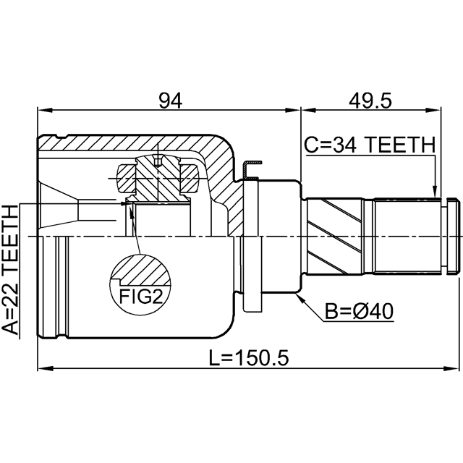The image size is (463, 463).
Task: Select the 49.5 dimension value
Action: pyautogui.click(x=370, y=101)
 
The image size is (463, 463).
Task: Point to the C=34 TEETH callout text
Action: pyautogui.click(x=369, y=145)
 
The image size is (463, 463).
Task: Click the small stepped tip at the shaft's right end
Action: pyautogui.click(x=454, y=237)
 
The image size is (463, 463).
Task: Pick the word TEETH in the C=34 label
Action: pyautogui.click(x=400, y=145)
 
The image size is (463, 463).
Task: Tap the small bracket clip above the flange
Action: pyautogui.click(x=251, y=170)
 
